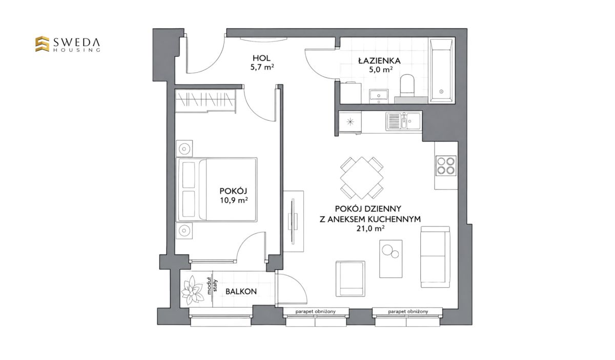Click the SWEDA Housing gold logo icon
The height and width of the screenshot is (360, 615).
[x=42, y=44]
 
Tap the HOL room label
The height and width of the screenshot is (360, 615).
[x=261, y=58]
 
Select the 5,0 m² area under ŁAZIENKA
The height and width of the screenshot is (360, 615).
[x=380, y=70]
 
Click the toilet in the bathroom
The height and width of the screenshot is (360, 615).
[x=407, y=86]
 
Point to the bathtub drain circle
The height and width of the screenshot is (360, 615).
[x=441, y=91]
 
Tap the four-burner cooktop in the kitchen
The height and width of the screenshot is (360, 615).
[x=445, y=166]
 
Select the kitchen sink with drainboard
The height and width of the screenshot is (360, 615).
[x=403, y=121]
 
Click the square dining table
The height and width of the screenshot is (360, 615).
[x=362, y=178]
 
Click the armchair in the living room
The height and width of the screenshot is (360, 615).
[x=351, y=279]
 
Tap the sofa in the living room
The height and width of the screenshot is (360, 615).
[x=435, y=257]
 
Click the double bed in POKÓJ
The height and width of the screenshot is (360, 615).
[x=217, y=189]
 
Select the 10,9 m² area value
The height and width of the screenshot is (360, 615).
[x=234, y=200]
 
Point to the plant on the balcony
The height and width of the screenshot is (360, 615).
[x=193, y=290]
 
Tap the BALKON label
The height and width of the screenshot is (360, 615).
[x=241, y=291]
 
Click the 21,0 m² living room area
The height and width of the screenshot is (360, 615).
[x=370, y=228]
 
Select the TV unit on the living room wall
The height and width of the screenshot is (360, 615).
[x=294, y=221]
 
